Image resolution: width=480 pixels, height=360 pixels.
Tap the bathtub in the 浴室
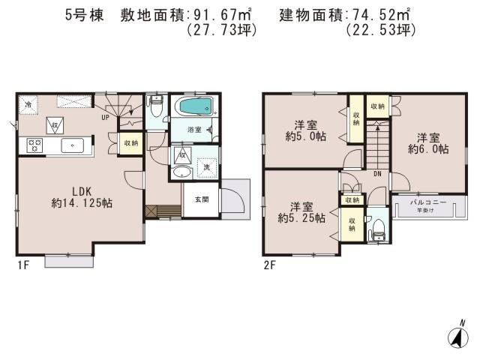pyautogui.click(x=193, y=106)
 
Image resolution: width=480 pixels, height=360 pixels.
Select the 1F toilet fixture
pyautogui.click(x=156, y=106)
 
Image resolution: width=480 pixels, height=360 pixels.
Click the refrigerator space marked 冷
pyautogui.click(x=28, y=104)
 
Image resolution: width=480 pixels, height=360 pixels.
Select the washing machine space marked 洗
pyautogui.click(x=207, y=166)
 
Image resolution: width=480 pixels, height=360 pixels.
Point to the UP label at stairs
pyautogui.click(x=106, y=117)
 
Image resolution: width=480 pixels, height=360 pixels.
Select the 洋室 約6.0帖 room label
pyautogui.click(x=428, y=142)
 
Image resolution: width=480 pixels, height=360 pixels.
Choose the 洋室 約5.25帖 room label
pyautogui.click(x=301, y=212)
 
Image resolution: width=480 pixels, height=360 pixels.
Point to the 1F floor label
pyautogui.click(x=22, y=264)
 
